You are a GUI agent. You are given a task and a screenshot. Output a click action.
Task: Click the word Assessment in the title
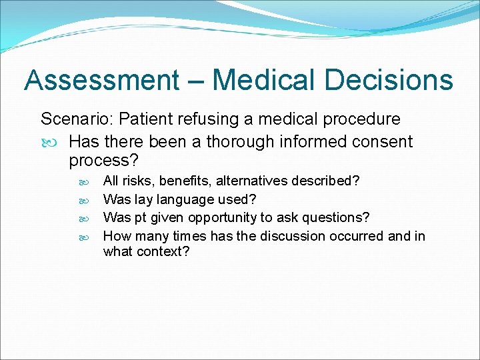[102, 81]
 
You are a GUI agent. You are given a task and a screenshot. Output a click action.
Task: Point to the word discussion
[290, 236]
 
